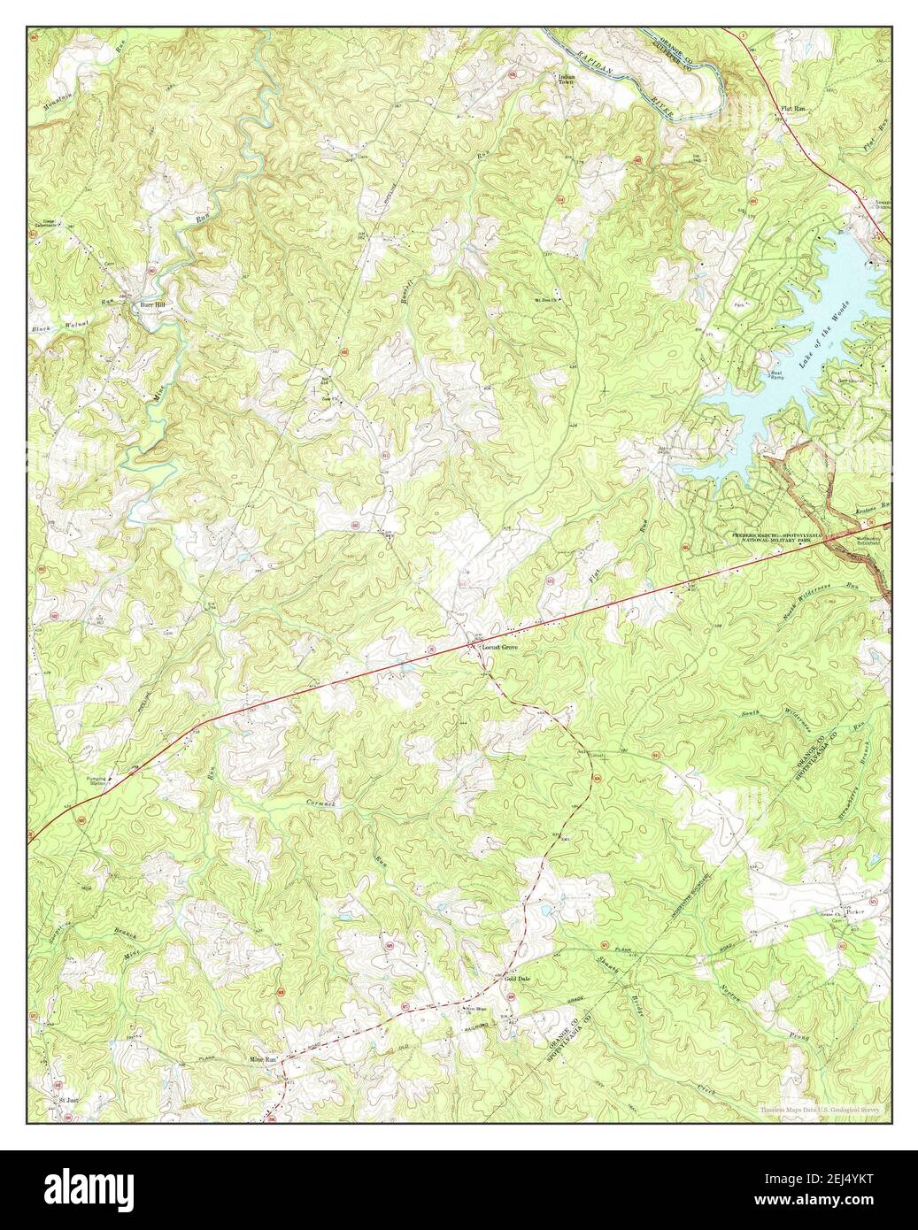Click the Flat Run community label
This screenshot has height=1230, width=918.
click(792, 108)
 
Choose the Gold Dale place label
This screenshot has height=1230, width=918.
click(517, 980)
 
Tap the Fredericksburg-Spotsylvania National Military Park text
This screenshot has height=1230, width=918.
click(776, 538)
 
